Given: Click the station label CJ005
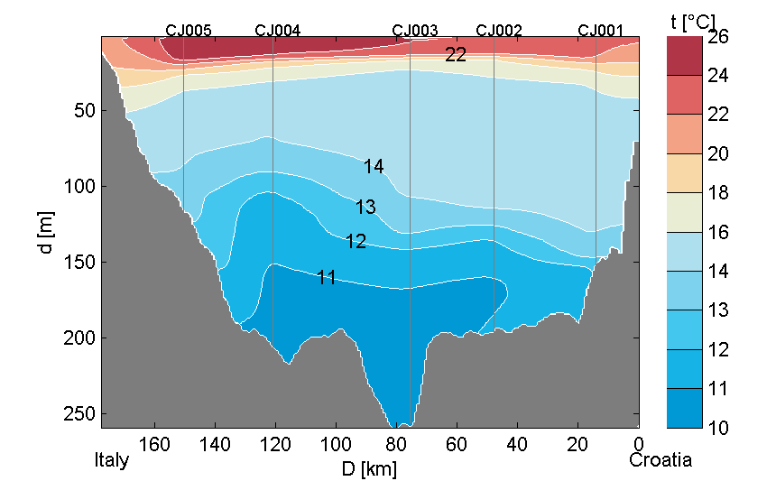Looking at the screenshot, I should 189,30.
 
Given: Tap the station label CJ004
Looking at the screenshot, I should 278,30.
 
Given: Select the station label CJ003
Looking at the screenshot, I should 415,30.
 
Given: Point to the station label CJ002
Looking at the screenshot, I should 499,30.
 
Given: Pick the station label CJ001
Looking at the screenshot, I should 601,30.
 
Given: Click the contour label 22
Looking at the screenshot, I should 456,55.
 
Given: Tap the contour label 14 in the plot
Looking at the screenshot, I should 374,166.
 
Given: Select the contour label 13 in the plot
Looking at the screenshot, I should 365,207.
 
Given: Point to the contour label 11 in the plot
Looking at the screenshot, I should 327,278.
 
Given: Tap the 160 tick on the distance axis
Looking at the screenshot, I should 155,443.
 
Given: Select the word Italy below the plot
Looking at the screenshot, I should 112,460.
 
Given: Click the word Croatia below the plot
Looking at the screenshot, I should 661,460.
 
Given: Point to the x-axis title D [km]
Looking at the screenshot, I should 368,468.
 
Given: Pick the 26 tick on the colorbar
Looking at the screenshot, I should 719,38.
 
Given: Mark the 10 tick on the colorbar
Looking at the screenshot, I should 719,428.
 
